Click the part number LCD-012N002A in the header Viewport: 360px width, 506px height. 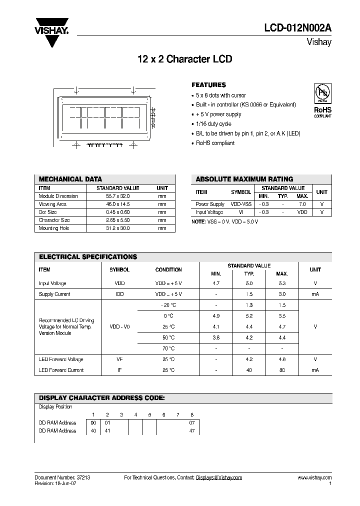point(298,29)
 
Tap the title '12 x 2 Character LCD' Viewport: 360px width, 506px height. point(184,59)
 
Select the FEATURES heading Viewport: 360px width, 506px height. point(208,85)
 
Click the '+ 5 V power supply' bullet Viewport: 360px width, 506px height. point(218,114)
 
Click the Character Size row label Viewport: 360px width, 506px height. point(54,220)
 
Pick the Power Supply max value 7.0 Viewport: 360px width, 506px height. point(302,204)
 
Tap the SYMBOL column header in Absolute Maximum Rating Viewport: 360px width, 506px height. point(241,192)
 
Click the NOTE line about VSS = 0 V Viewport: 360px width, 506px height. point(225,221)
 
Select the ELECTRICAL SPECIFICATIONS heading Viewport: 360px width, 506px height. point(88,256)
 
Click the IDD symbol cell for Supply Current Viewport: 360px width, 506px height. point(119,294)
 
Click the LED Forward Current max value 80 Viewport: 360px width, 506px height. point(282,370)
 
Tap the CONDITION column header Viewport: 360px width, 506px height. point(168,269)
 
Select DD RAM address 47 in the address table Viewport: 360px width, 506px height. point(192,430)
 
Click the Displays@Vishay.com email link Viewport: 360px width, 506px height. point(219,477)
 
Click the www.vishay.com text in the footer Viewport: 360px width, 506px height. point(314,477)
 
